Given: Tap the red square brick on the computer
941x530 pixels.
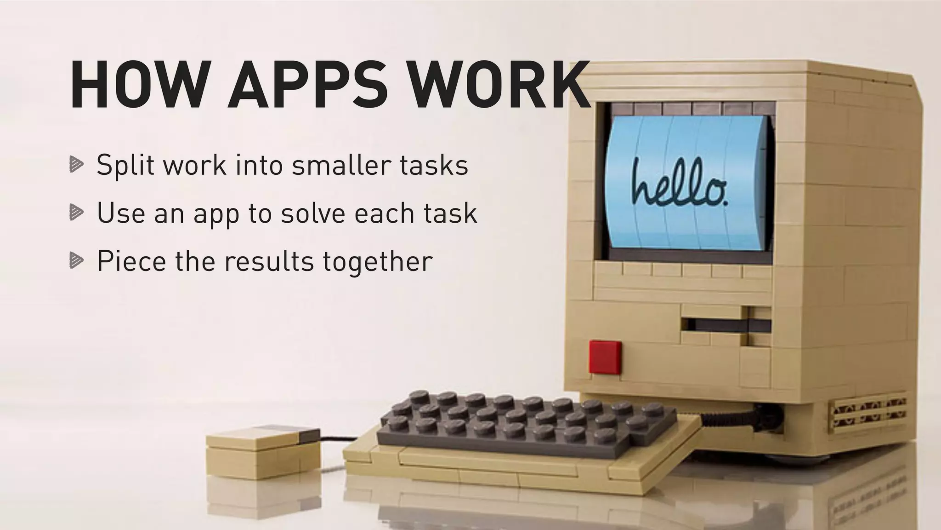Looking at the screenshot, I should [x=605, y=357].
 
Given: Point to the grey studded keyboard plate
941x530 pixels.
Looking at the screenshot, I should [x=524, y=421].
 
